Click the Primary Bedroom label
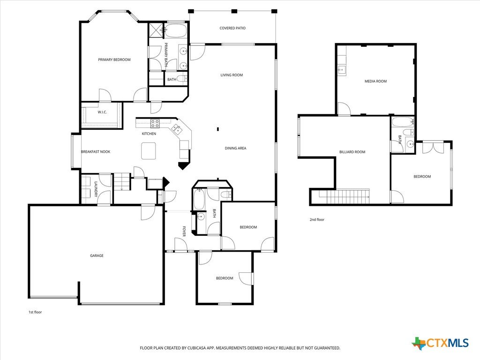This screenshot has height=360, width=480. click(114, 60)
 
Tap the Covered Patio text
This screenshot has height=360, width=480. click(232, 28)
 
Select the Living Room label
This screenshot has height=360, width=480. click(232, 75)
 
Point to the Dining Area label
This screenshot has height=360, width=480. click(235, 148)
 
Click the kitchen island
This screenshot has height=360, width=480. click(149, 151)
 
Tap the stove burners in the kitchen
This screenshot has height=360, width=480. click(155, 123)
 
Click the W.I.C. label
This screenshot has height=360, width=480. click(102, 112)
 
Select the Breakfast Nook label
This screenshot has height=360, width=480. click(96, 152)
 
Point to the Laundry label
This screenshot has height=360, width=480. click(96, 189)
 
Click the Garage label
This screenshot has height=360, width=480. click(97, 255)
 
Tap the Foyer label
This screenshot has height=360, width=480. click(184, 232)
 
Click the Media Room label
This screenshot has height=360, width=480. click(375, 82)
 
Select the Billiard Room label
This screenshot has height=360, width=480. click(352, 152)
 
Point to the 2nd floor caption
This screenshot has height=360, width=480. click(317, 219)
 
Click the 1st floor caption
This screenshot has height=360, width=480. click(35, 312)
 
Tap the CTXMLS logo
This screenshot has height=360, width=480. click(440, 343)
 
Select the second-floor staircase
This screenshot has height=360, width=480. click(344, 196)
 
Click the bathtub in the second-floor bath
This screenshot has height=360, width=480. click(403, 122)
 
